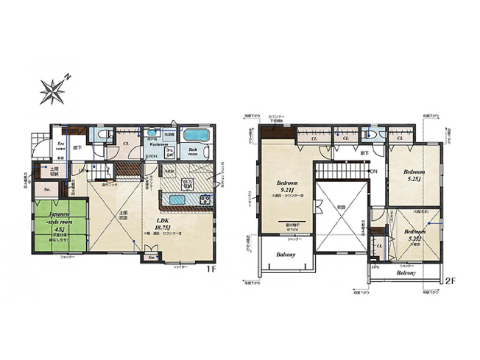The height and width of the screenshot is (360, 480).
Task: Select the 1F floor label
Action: click(211, 270)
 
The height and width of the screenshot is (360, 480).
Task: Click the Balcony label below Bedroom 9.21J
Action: click(286, 255)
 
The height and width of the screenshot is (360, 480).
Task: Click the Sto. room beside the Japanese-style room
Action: click(47, 189)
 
